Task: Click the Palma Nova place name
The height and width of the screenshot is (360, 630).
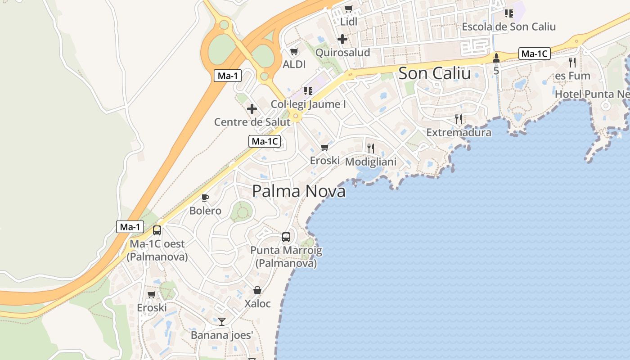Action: point(299,191)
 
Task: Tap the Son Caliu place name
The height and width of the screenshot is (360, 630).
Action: point(434,73)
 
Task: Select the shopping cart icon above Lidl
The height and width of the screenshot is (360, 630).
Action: point(348,9)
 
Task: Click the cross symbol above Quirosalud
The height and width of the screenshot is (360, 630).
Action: point(342,39)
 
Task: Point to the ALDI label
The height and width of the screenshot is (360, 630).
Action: point(294,64)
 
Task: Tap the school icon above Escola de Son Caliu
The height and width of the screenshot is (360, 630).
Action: point(509,13)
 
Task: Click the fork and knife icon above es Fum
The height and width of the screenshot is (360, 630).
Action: point(572,62)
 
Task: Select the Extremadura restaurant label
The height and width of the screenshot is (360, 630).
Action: point(459,133)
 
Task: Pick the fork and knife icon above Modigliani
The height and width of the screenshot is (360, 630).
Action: point(371,148)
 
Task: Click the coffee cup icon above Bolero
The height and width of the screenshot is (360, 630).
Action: point(205,198)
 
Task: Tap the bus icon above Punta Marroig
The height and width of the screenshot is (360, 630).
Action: point(286,237)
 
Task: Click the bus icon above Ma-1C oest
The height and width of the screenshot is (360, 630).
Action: point(157,230)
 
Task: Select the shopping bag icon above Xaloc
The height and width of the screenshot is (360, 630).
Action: point(257,290)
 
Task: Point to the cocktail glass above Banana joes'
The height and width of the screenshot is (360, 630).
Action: point(222,321)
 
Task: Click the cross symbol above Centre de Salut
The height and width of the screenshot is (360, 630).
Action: point(252,108)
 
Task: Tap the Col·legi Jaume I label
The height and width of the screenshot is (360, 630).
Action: point(308,104)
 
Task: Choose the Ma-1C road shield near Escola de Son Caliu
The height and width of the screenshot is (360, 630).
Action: point(534,54)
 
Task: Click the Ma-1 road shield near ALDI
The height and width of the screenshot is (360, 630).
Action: point(228,76)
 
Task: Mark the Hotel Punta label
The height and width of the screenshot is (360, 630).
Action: point(592,94)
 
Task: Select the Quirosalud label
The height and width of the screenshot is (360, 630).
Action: point(342,53)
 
